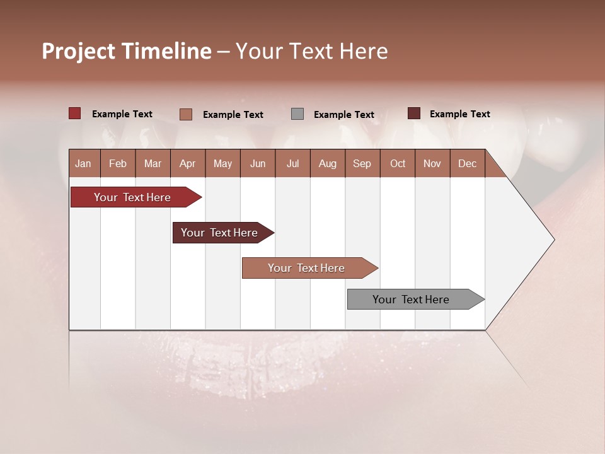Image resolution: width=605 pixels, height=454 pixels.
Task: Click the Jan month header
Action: coord(83,164)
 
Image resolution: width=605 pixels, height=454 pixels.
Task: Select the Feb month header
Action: coord(118,164)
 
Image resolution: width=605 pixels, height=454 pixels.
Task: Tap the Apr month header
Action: coord(187,164)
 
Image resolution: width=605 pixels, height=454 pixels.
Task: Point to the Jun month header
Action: coord(258,164)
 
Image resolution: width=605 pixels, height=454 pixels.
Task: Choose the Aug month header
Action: coord(327,164)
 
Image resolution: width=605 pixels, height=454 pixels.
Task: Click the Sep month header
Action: coord(362,164)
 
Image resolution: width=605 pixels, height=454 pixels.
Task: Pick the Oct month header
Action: coord(398,164)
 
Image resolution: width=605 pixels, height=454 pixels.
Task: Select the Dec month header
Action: coord(467,164)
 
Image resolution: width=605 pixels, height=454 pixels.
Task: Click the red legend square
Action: coord(74,113)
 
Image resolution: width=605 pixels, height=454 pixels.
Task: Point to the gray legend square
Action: coord(297,114)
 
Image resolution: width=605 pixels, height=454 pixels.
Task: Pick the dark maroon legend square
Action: coord(414,113)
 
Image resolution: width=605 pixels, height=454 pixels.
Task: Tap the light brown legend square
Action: coord(185,114)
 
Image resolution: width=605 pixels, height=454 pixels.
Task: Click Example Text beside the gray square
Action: coord(343,115)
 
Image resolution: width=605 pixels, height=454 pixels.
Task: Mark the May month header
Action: coord(222,164)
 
